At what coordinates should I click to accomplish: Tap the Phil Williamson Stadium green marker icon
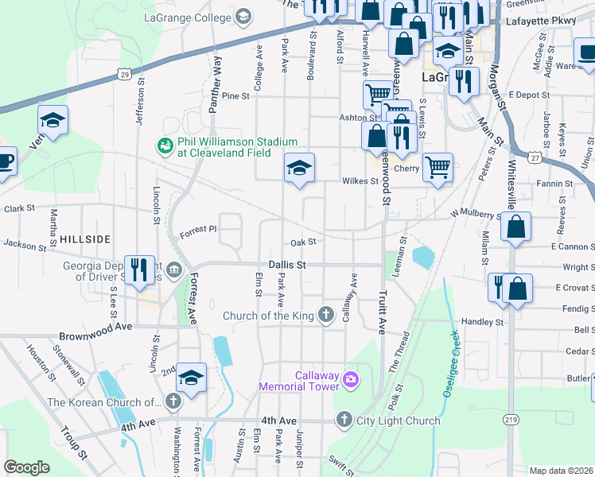pos(165,145)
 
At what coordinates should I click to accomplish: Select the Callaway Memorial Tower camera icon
pos(350,381)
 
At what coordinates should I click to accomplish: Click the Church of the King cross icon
pos(325,316)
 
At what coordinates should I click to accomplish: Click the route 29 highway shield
pos(123,74)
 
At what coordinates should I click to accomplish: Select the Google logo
pos(27,467)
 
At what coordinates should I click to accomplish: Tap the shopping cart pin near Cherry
pos(437,168)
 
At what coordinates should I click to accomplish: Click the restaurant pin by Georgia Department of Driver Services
pos(141,269)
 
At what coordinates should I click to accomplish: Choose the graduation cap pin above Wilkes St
pos(299,168)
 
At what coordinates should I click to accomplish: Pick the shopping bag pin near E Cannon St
pos(516,226)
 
